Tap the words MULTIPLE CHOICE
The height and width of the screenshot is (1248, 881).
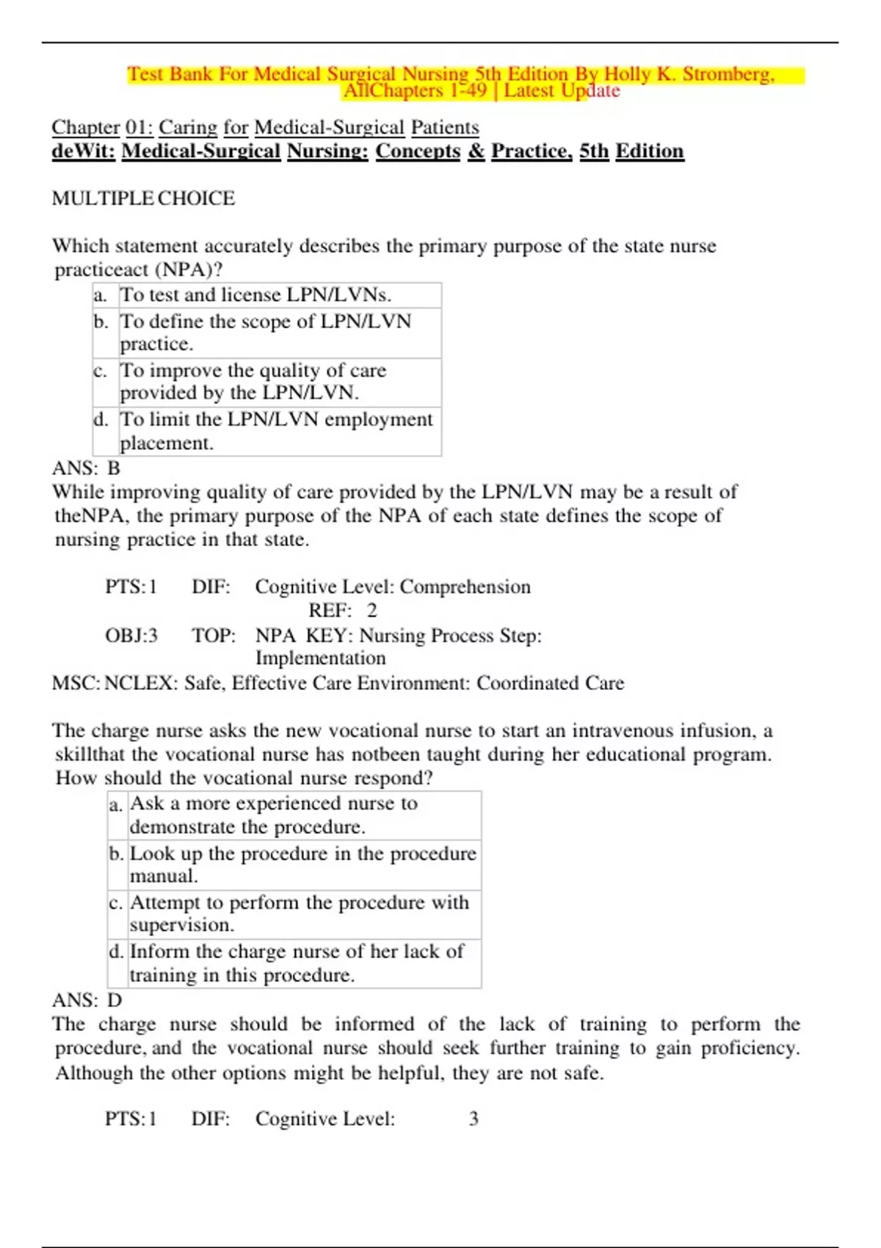143,198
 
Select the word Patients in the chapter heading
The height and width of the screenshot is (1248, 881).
444,128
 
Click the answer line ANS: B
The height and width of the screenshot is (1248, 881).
86,468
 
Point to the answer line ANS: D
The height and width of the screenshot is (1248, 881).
87,1000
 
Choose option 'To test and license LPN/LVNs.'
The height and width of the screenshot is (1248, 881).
255,295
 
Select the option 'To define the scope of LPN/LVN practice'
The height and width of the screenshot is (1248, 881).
265,332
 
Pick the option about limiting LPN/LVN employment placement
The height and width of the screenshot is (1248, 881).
276,431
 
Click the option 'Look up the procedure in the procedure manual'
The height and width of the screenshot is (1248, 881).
302,864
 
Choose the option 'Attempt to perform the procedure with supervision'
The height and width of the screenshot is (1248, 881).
299,913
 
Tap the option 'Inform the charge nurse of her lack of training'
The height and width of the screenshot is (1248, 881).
297,962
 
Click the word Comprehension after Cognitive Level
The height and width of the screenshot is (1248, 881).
465,587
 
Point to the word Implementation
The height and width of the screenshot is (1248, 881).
320,658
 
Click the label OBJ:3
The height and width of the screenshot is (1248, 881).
131,635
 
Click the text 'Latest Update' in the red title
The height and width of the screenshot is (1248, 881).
562,91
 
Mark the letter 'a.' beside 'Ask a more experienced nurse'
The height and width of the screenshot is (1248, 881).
116,805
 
